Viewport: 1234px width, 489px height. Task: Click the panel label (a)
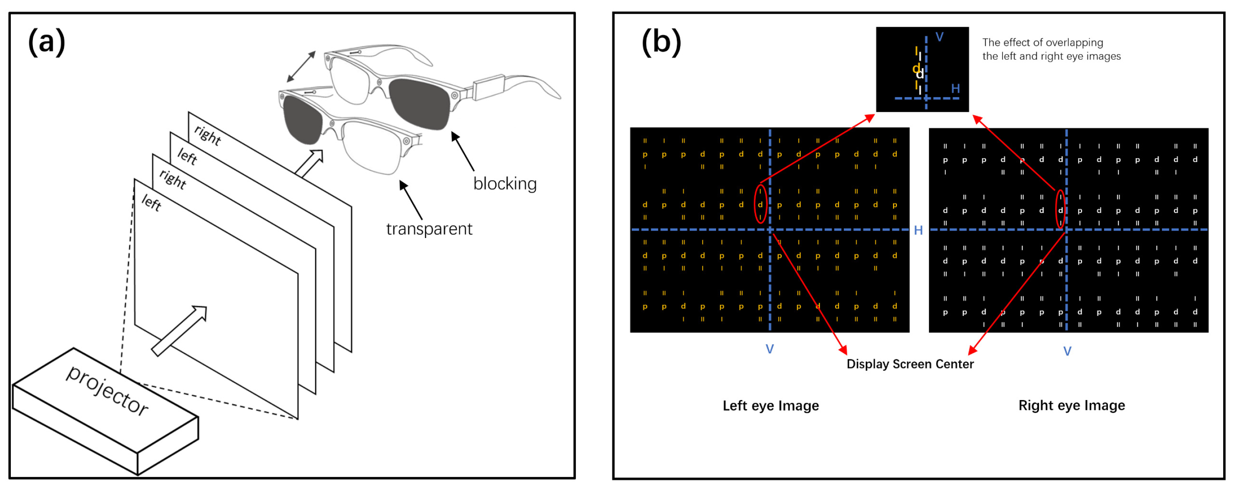point(47,42)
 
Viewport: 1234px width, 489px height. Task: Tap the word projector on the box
point(107,390)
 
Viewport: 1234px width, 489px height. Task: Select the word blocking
point(505,184)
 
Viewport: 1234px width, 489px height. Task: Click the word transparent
point(429,229)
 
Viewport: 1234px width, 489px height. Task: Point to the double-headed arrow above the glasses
point(301,66)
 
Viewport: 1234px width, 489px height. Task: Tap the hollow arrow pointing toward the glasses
point(309,163)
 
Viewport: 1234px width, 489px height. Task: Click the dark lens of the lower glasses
point(302,120)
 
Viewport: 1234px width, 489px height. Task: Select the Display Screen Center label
point(910,364)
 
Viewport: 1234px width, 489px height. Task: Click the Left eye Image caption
point(770,406)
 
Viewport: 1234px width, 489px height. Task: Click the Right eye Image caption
point(1071,406)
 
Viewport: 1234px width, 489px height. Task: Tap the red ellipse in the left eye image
point(760,205)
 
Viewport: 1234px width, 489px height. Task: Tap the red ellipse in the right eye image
point(1060,210)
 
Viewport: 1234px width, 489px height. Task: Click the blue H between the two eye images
point(918,231)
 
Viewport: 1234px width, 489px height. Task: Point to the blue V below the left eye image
point(769,349)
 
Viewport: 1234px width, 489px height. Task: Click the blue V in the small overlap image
point(939,37)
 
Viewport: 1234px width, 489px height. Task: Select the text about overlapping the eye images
point(1051,49)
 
